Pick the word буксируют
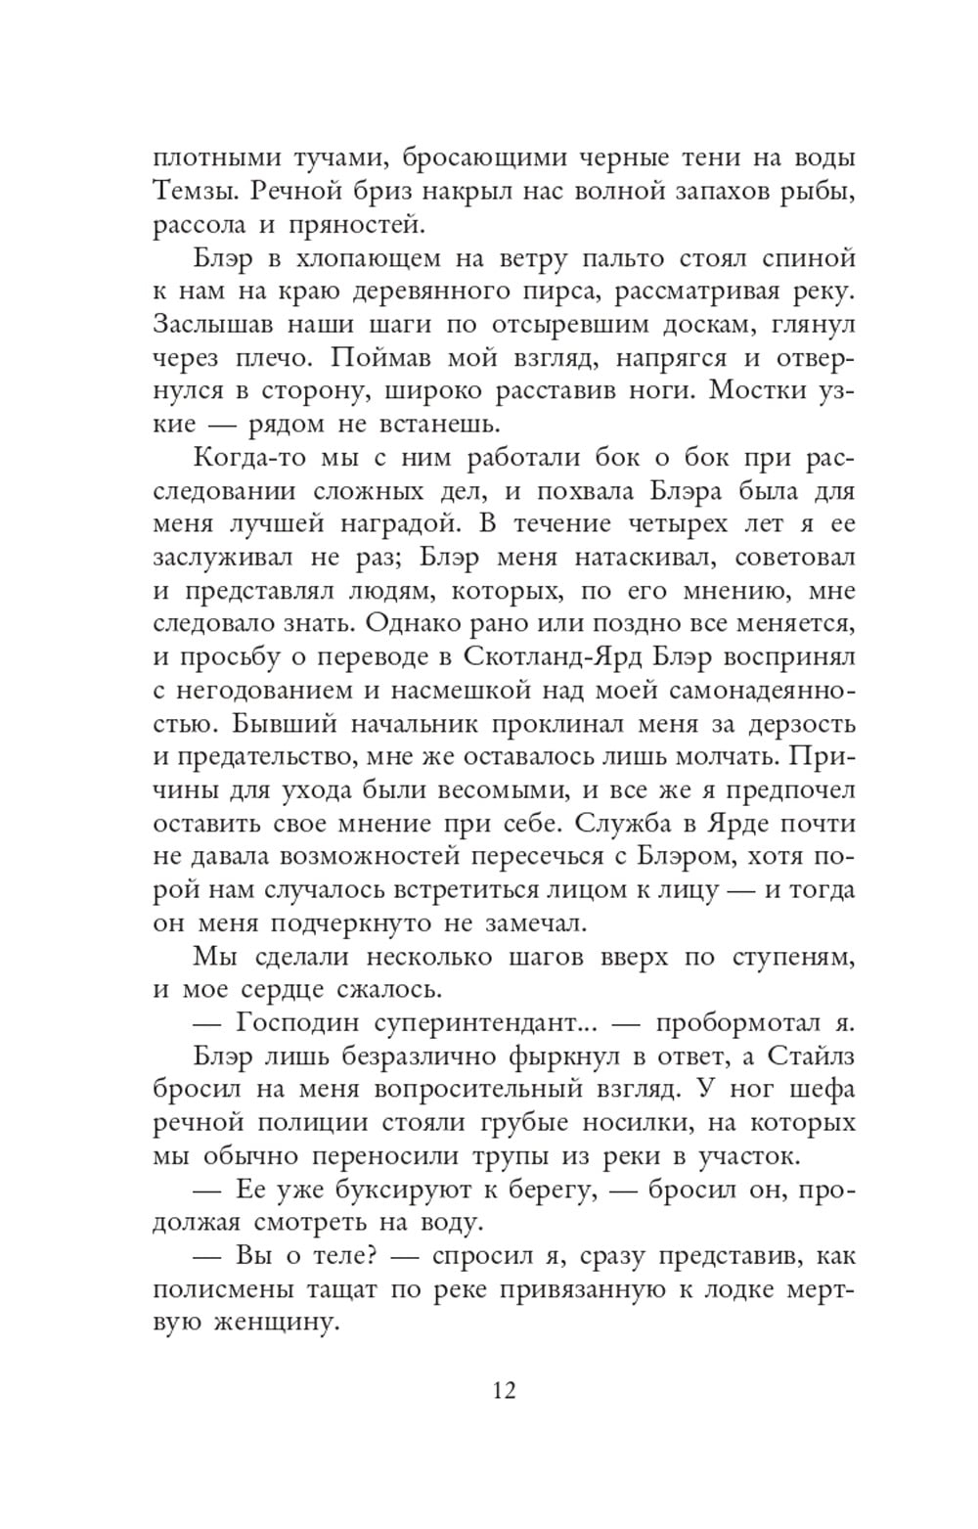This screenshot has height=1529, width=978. click(414, 1190)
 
